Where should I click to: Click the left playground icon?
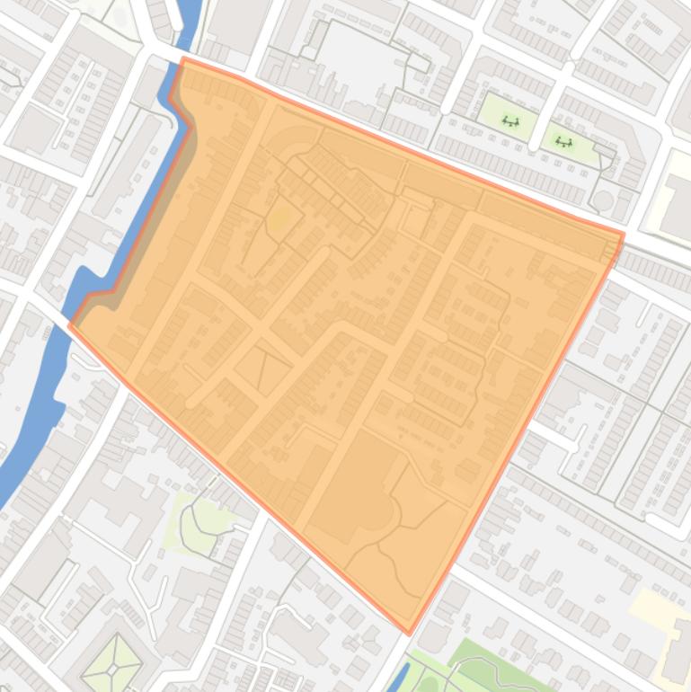pos(510,121)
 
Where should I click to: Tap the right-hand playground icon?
pos(564,141)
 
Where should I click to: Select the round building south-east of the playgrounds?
pos(604,200)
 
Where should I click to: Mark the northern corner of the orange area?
pos(183,60)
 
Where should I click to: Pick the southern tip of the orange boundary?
pos(410,633)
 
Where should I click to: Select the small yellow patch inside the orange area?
pos(279,217)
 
